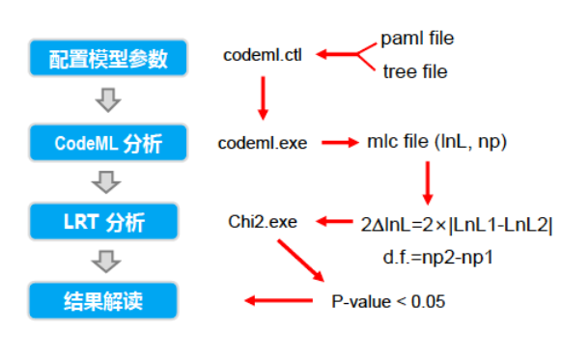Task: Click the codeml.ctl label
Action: (263, 56)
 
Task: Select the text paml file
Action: (417, 39)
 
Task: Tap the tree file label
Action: (415, 71)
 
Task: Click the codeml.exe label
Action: (263, 144)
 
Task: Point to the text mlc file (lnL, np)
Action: (436, 142)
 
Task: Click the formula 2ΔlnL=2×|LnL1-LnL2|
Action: (456, 224)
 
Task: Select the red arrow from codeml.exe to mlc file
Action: (339, 143)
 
